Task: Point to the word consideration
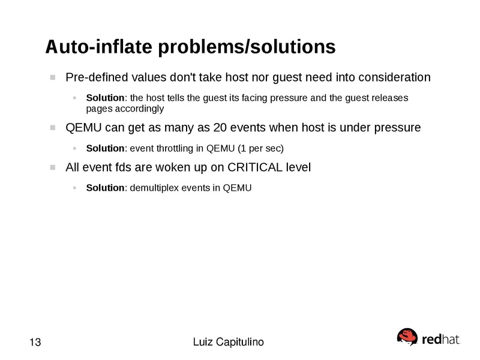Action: coord(394,77)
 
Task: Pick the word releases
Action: coord(389,98)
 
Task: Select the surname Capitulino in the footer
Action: coord(240,343)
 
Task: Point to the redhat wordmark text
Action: coord(441,339)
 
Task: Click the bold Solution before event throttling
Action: coord(105,148)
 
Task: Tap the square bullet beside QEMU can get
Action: coord(53,128)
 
